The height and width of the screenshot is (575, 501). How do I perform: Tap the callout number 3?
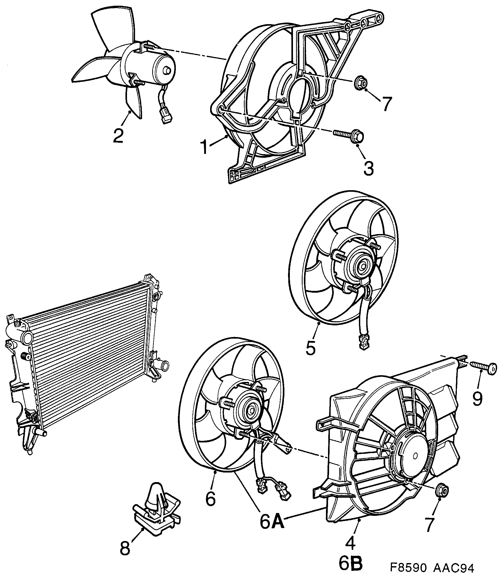tap(368, 167)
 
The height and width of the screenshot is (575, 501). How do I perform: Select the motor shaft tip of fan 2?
tap(168, 71)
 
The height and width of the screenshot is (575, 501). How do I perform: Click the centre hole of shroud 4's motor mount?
tap(416, 455)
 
